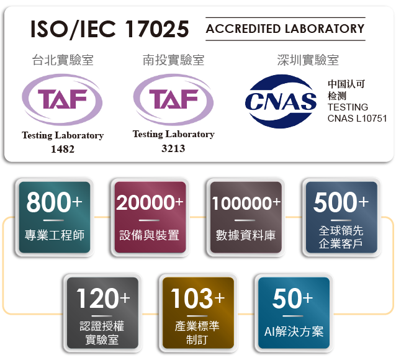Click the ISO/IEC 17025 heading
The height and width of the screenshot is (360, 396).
tap(110, 29)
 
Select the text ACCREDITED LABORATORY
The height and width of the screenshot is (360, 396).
tap(285, 29)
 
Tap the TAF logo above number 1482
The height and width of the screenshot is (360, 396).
tap(62, 99)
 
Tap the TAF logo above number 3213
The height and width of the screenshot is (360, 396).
tap(173, 99)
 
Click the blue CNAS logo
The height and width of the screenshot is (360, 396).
tap(281, 101)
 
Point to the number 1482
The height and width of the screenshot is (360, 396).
tap(63, 149)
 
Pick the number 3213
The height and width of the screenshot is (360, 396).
tap(173, 148)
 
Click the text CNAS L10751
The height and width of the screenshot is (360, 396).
tap(357, 118)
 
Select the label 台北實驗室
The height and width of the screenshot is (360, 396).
tap(63, 60)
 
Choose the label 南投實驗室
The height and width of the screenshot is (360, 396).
tap(174, 60)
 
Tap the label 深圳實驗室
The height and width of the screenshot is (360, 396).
tap(308, 60)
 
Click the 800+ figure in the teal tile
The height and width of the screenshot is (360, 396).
tap(54, 202)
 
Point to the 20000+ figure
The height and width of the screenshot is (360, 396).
tap(150, 202)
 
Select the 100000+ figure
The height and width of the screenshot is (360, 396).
tap(246, 203)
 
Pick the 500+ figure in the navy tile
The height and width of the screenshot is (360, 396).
tap(341, 202)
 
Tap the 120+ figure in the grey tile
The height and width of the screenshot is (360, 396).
tap(103, 298)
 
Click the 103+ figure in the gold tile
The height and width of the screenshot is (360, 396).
tap(198, 298)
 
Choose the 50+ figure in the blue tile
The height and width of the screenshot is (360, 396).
tap(293, 298)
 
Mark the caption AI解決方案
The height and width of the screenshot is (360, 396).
tap(294, 331)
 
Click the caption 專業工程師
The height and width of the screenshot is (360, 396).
tap(55, 235)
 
